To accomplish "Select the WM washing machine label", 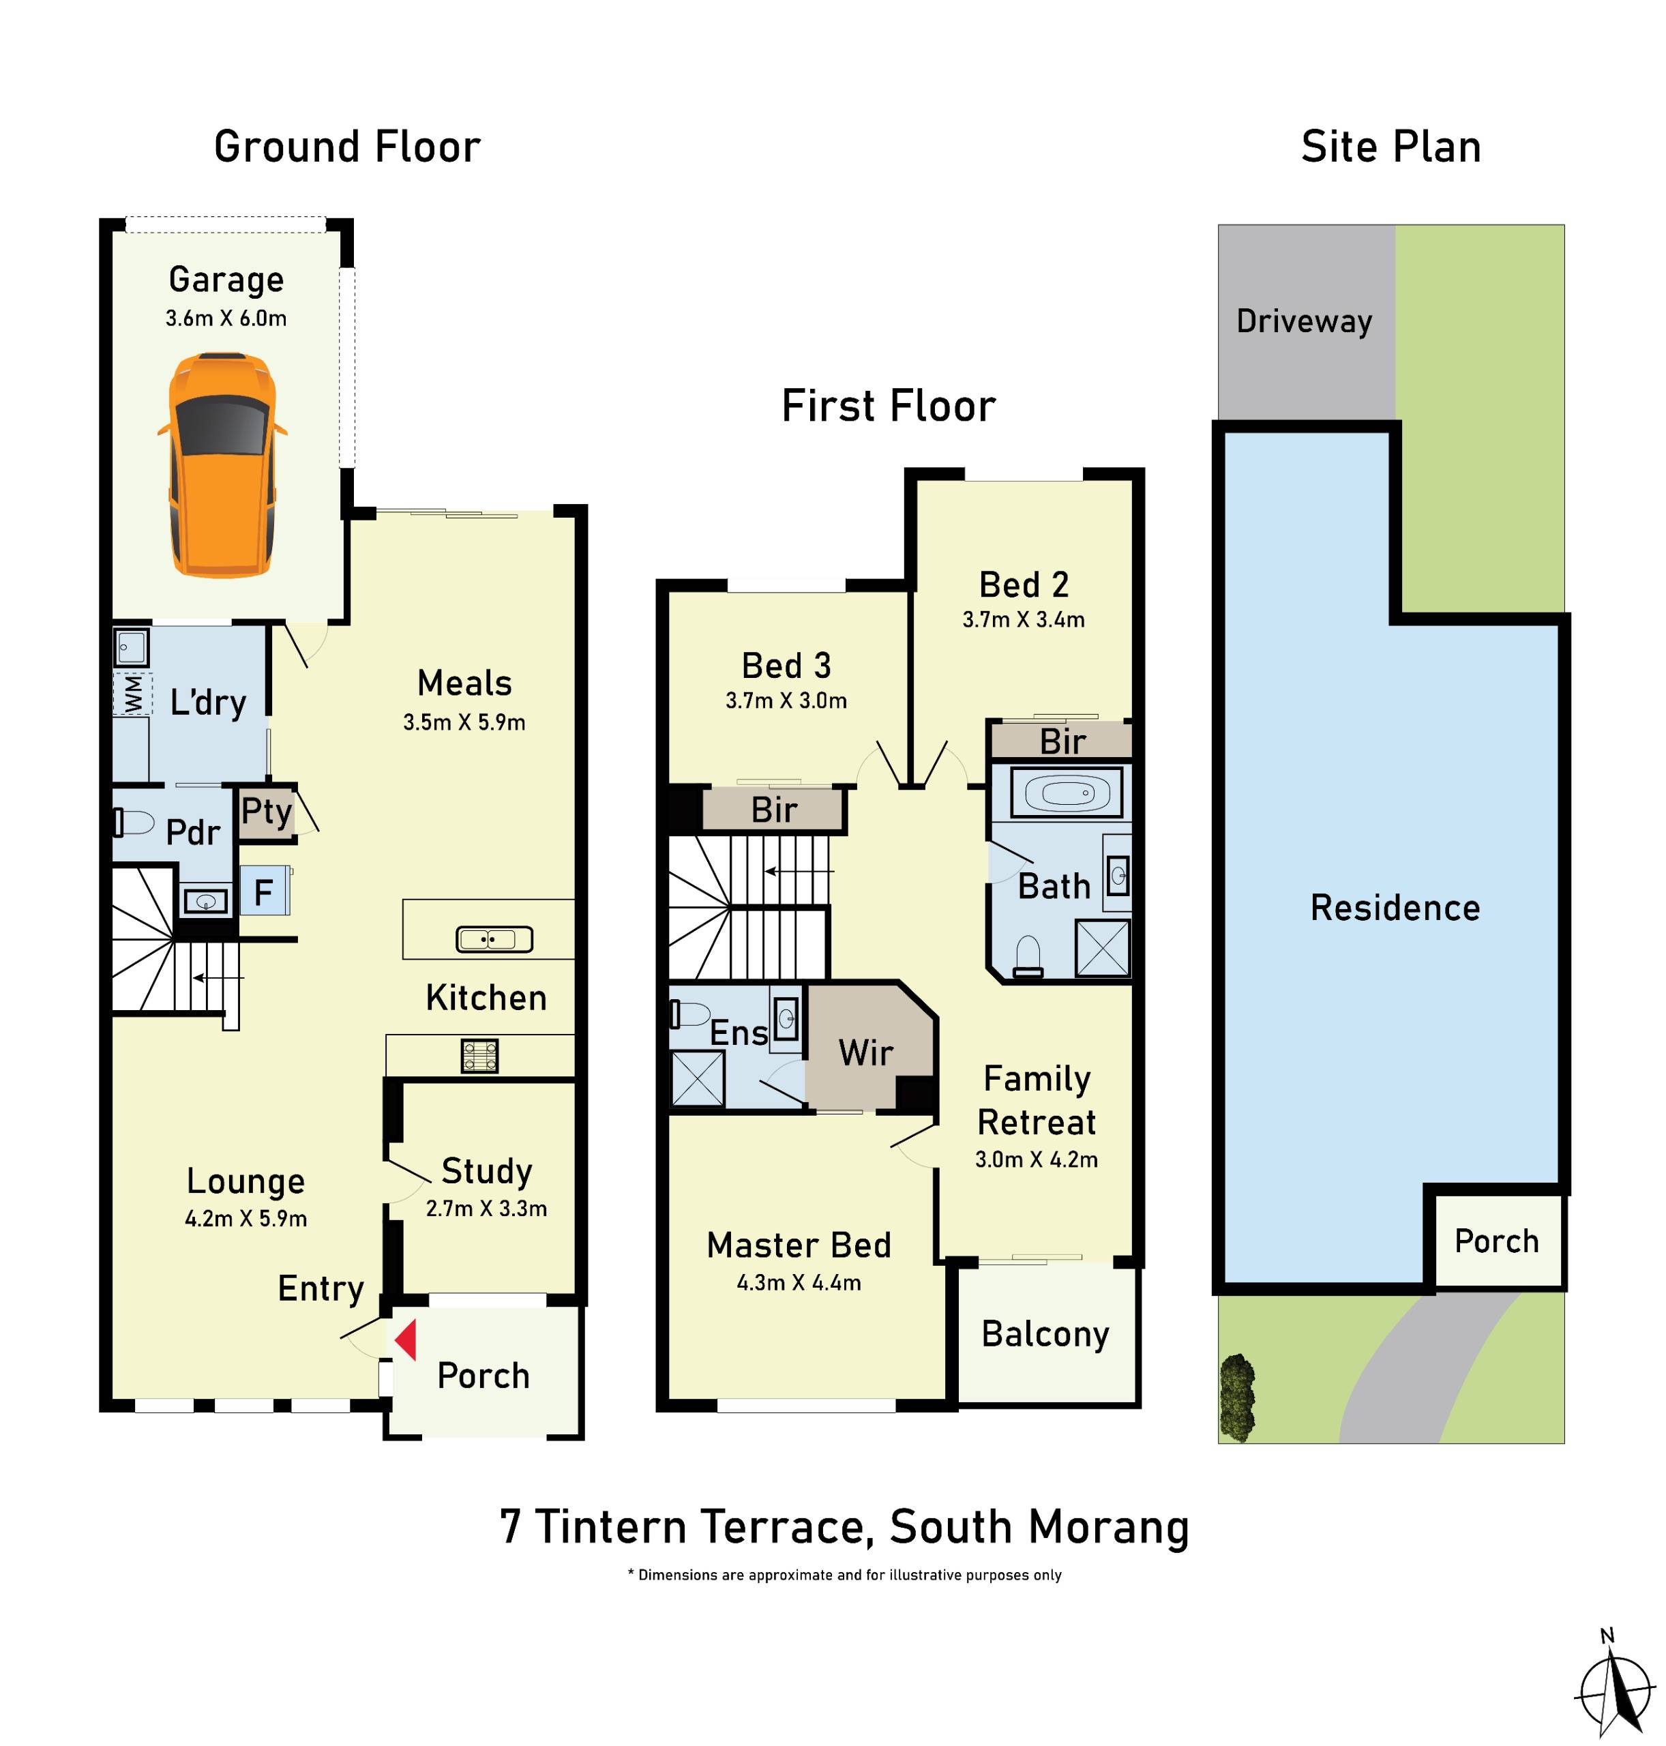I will click(132, 694).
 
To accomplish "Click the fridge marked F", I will click(264, 891).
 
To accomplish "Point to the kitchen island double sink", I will click(494, 938).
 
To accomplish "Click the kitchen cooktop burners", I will click(479, 1056).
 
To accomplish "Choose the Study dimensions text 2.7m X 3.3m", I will click(486, 1209).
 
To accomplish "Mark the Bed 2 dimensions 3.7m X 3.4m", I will click(1023, 620).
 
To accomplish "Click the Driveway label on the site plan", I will click(1304, 321).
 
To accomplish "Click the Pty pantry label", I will click(265, 811).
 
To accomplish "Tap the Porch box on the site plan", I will click(1496, 1241).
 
